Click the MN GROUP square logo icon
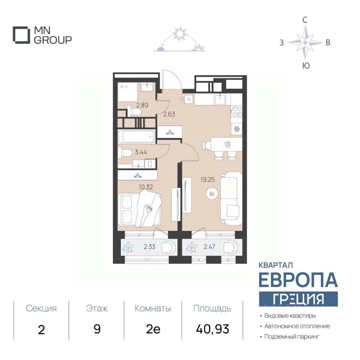(21, 35)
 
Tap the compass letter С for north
(304, 20)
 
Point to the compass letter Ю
(306, 66)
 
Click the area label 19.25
(207, 180)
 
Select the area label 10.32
(146, 187)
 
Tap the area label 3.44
(141, 152)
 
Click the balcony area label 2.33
(150, 247)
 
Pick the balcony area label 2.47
(209, 247)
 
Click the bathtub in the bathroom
(137, 136)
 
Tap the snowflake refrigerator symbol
(237, 129)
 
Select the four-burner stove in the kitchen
(237, 111)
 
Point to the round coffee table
(211, 194)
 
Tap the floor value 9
(97, 329)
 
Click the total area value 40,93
(213, 329)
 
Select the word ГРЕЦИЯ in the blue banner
(298, 299)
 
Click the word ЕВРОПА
(298, 280)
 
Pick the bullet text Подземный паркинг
(292, 337)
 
